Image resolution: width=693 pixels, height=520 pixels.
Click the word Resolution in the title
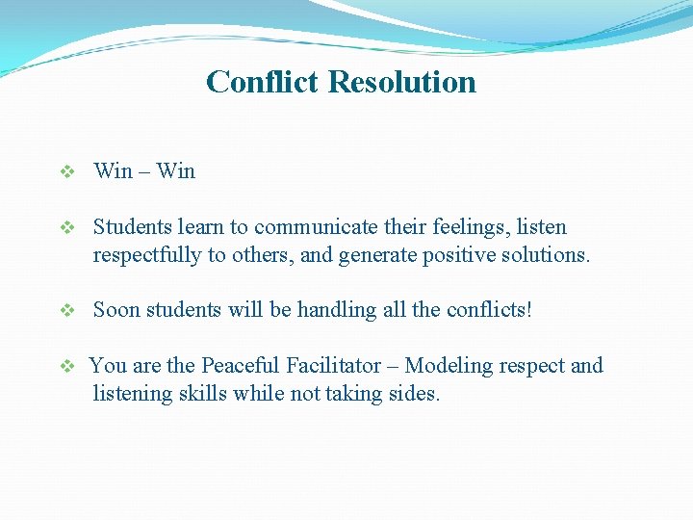pyautogui.click(x=401, y=82)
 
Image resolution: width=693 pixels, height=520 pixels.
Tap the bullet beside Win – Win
pyautogui.click(x=67, y=172)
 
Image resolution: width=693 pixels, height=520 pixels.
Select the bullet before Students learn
pyautogui.click(x=67, y=228)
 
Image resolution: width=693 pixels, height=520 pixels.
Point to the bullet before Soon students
pyautogui.click(x=67, y=311)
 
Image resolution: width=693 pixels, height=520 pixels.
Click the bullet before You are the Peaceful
pyautogui.click(x=67, y=367)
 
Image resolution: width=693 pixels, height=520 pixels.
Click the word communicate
pyautogui.click(x=311, y=228)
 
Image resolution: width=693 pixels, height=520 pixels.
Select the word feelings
pyautogui.click(x=461, y=228)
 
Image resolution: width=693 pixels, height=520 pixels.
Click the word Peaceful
pyautogui.click(x=241, y=366)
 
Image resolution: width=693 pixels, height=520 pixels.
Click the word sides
pyautogui.click(x=414, y=393)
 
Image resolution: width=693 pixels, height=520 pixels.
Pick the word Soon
pyautogui.click(x=116, y=310)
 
